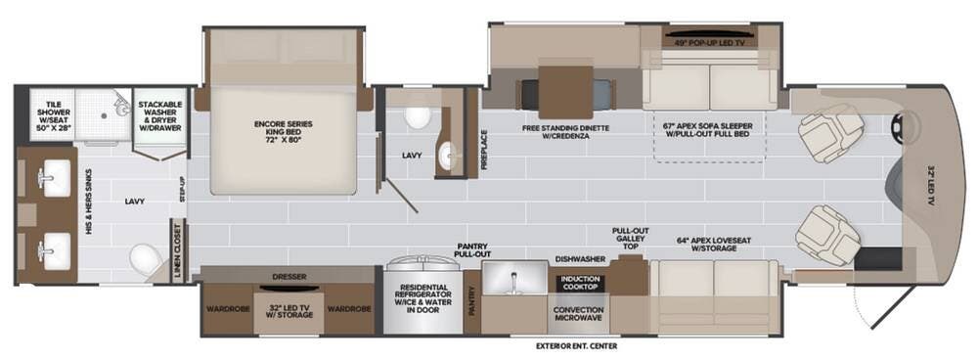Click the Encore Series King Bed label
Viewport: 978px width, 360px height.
pos(283,132)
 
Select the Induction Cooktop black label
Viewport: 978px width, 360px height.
pos(580,283)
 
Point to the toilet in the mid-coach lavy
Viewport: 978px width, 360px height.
pos(418,116)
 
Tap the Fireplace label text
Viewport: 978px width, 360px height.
pos(483,149)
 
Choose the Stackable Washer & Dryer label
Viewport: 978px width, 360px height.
pos(160,116)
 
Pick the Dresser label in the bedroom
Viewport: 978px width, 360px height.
pos(289,277)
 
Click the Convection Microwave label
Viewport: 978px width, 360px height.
pos(579,314)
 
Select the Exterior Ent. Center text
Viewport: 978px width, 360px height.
pos(576,345)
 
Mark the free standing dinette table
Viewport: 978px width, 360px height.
pos(565,92)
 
